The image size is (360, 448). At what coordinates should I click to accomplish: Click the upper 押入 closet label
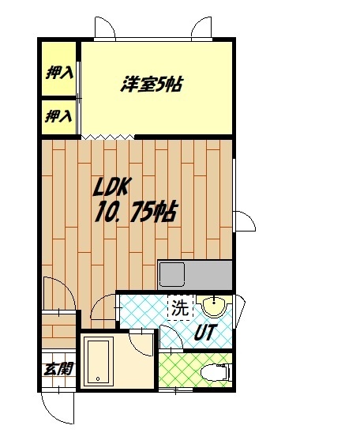59,73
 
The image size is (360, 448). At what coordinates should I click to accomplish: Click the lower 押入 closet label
59,117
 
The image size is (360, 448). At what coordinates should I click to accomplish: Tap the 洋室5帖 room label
152,84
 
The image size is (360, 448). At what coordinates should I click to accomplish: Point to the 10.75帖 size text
136,213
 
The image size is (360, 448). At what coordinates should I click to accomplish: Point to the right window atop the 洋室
200,28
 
